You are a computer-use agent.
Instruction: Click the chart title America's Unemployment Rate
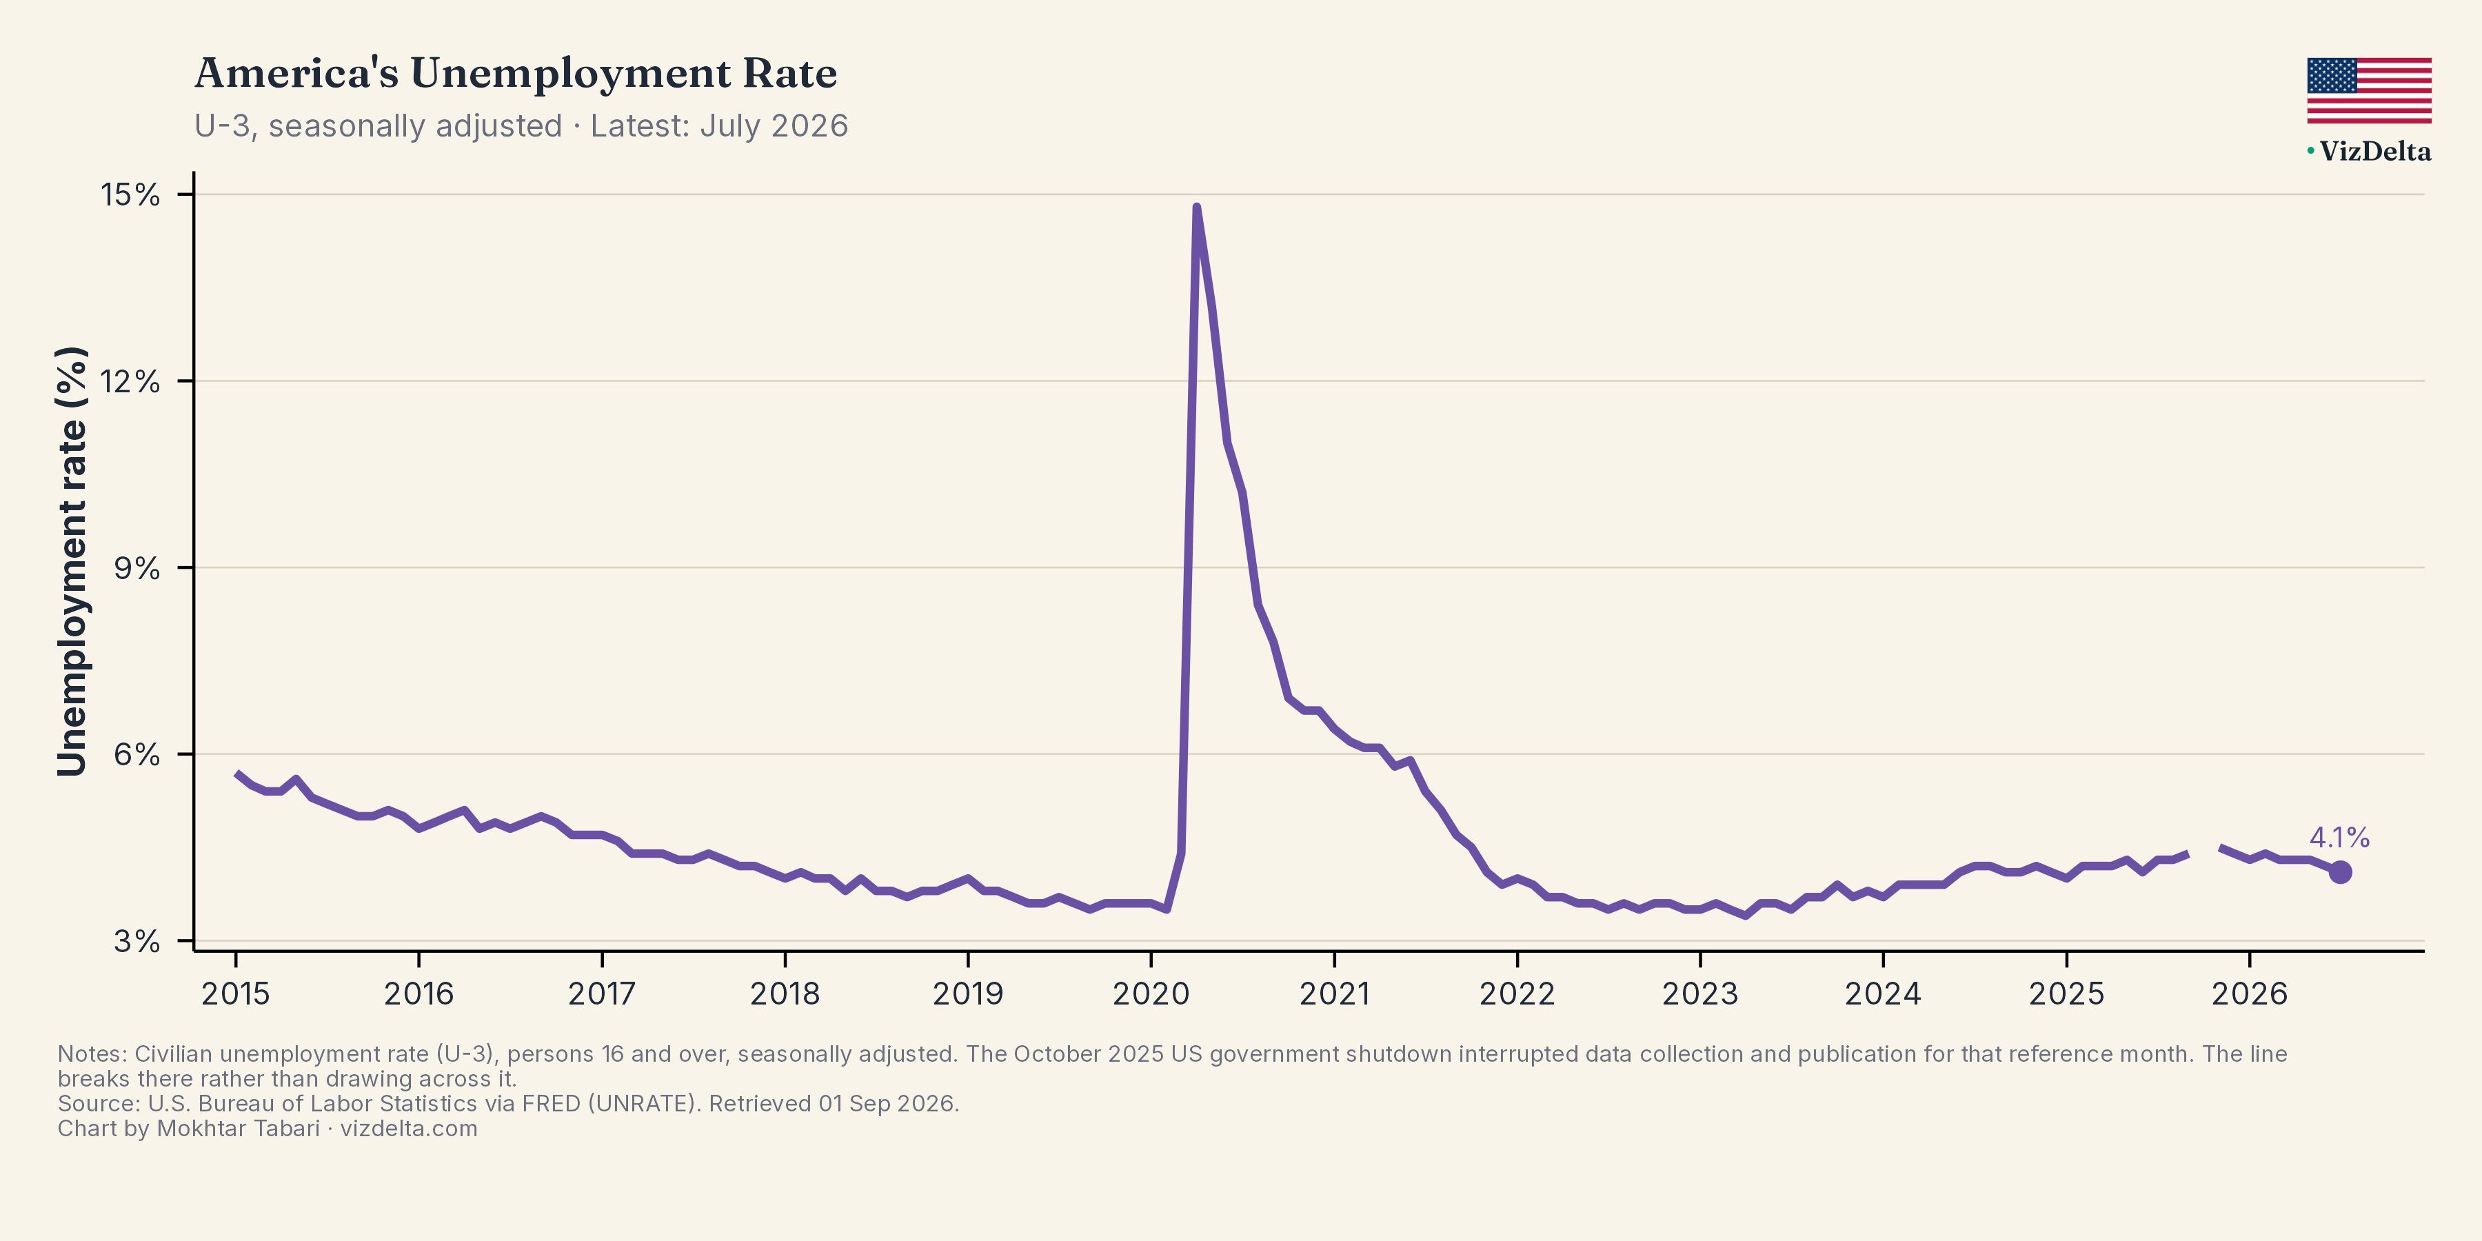click(x=516, y=73)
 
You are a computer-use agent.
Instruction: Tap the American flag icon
click(x=2369, y=90)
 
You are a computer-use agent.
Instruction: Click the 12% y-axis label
click(x=130, y=381)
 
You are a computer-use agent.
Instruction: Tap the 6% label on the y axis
click(x=137, y=754)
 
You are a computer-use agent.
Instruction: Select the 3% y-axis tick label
click(x=137, y=940)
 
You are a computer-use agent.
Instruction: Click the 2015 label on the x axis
click(x=235, y=993)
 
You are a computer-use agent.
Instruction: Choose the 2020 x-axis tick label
click(x=1151, y=993)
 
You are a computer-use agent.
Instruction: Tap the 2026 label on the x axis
click(x=2249, y=993)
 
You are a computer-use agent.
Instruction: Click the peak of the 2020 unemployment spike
click(x=1197, y=207)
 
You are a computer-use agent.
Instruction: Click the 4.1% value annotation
click(x=2339, y=837)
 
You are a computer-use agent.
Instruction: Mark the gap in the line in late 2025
click(x=2205, y=851)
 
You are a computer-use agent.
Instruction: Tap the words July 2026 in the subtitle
click(x=774, y=126)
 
